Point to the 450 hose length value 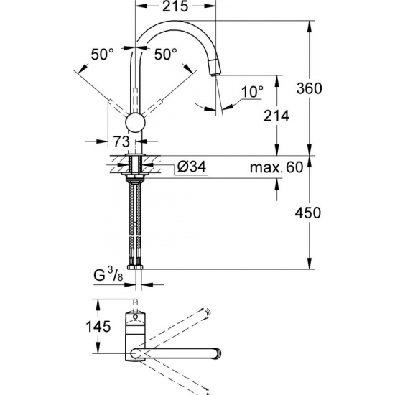coord(309,213)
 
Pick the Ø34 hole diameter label coord(192,167)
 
